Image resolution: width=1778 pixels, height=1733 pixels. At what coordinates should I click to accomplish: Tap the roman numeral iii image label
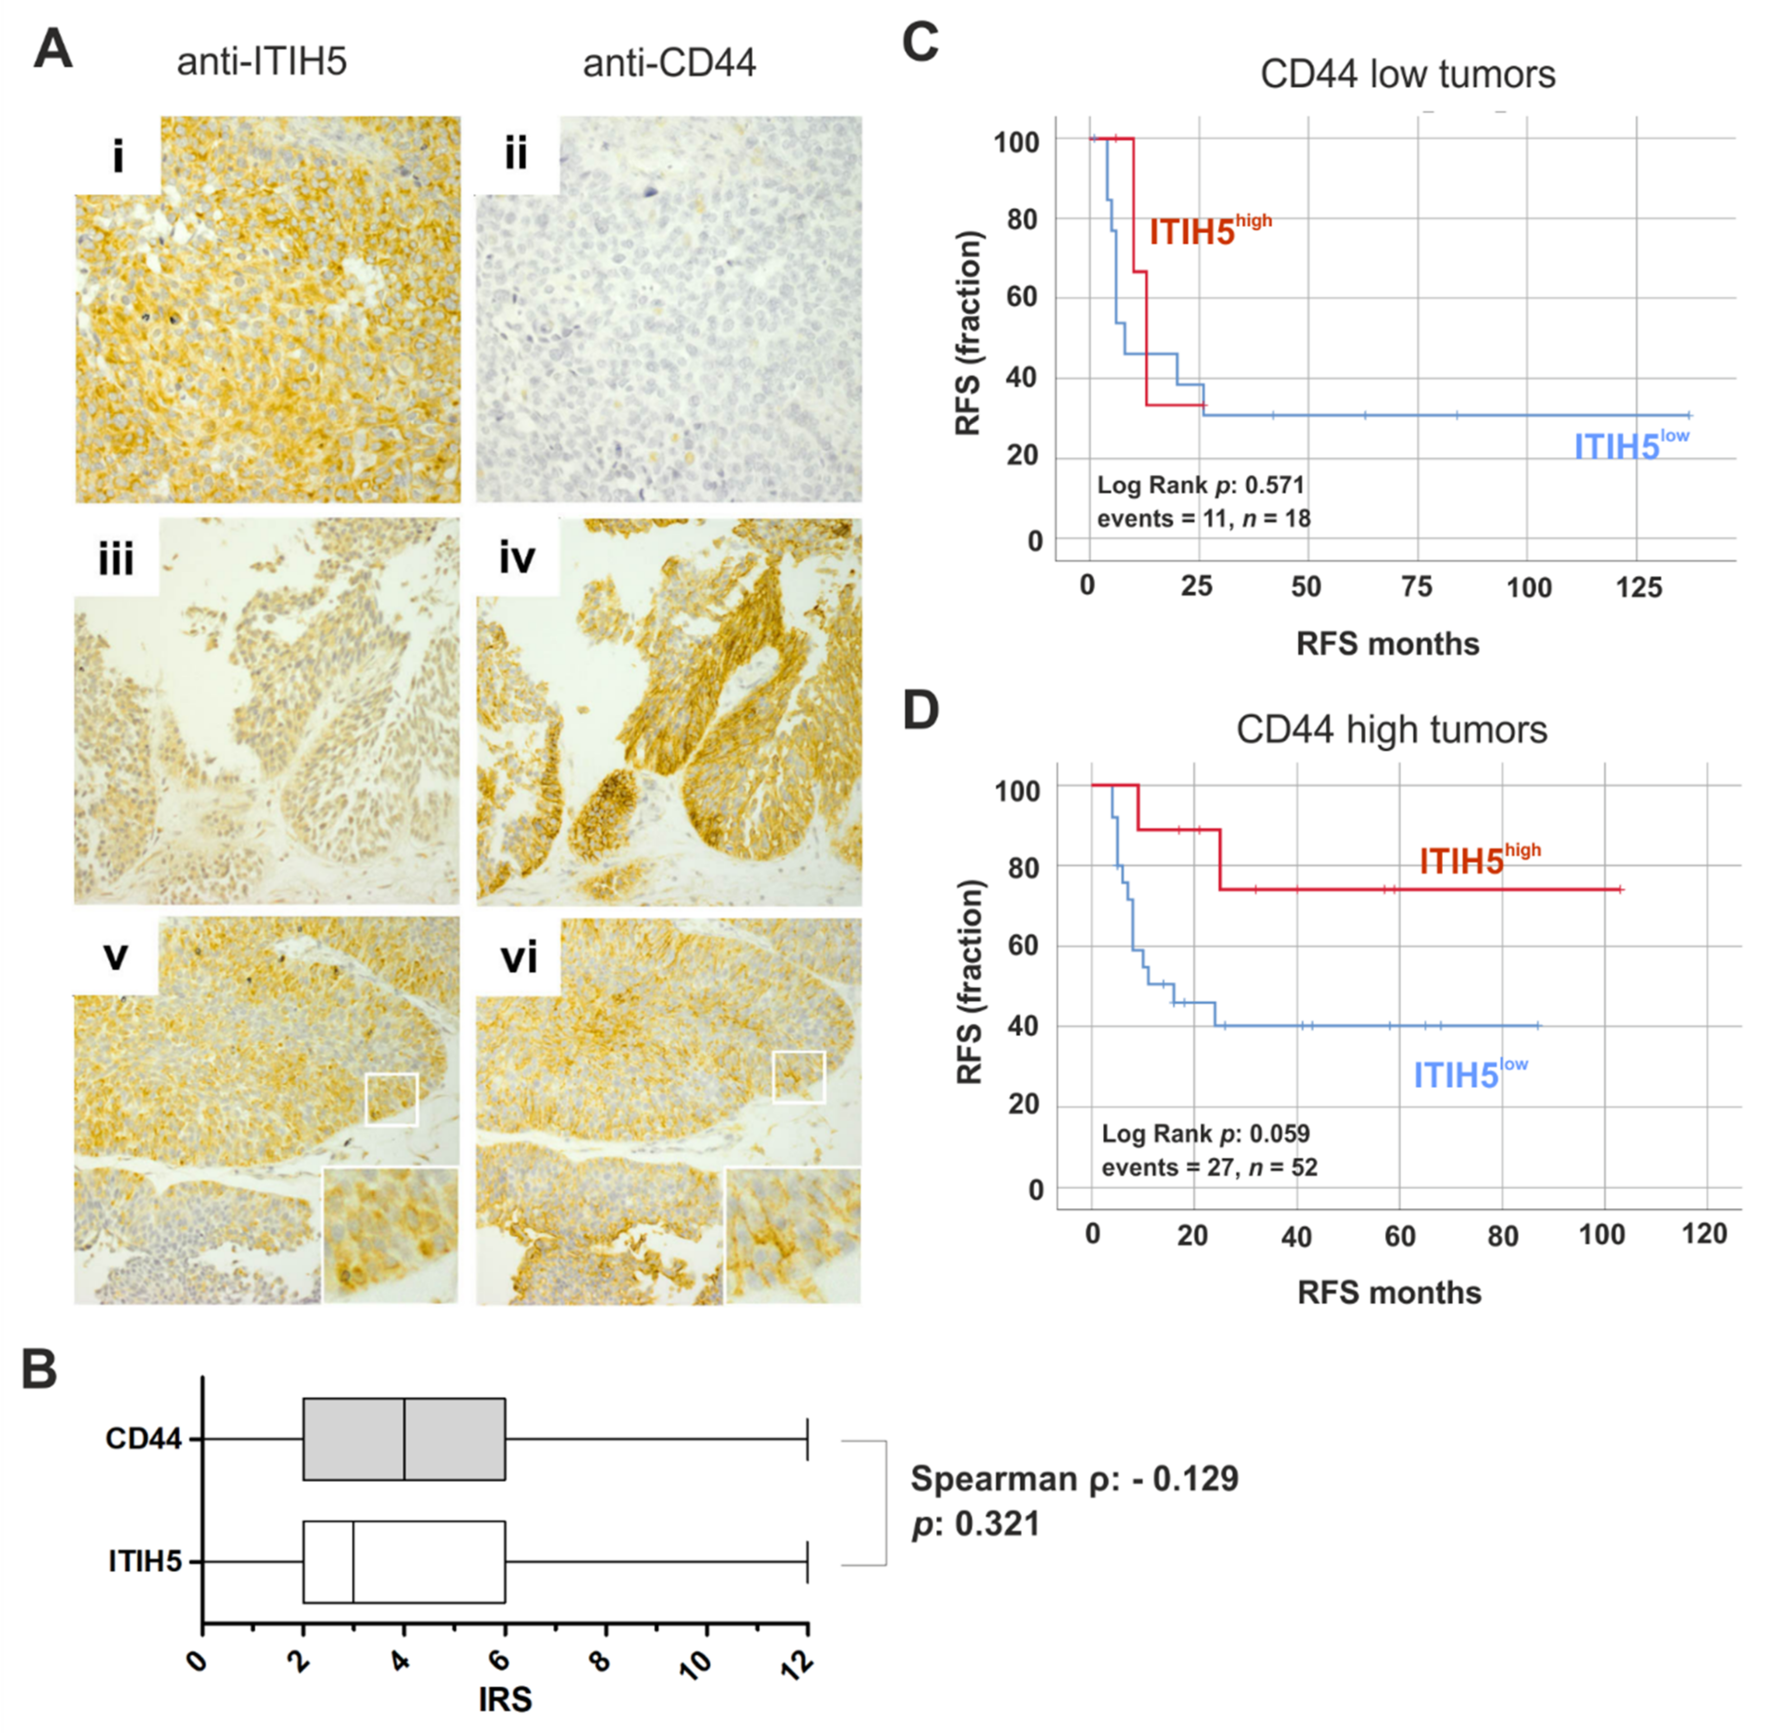116,558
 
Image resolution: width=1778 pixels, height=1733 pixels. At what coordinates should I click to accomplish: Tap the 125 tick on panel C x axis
1638,587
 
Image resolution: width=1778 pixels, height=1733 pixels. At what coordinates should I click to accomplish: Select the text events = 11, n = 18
1203,519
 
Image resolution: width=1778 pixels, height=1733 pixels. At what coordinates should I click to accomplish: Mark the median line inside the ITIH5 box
353,1562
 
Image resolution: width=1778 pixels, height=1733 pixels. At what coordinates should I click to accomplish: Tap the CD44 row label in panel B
144,1439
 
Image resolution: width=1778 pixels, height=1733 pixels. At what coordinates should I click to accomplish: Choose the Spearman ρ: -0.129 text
1074,1479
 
